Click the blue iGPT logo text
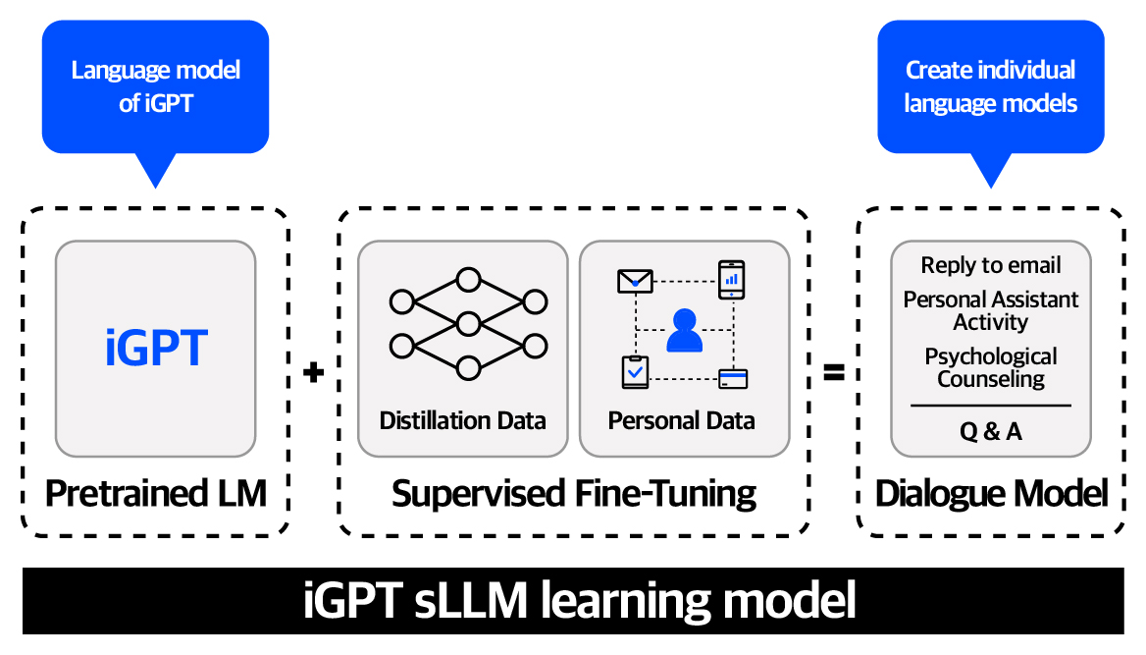click(x=156, y=349)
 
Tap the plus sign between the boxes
click(x=313, y=373)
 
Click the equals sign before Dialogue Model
click(x=833, y=373)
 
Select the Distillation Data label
click(x=462, y=421)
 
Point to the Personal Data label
click(x=682, y=421)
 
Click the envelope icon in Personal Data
click(x=635, y=281)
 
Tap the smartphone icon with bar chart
click(x=731, y=279)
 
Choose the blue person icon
click(x=684, y=331)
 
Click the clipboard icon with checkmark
click(x=635, y=372)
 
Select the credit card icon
click(x=733, y=377)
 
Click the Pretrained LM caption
click(x=156, y=493)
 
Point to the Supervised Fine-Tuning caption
click(x=574, y=493)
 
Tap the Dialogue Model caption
click(x=991, y=493)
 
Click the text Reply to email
click(x=991, y=265)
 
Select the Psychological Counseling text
click(x=991, y=367)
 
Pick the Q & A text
click(x=991, y=431)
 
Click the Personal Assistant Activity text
click(x=991, y=310)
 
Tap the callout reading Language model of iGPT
click(x=156, y=86)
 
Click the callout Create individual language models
click(x=990, y=86)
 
